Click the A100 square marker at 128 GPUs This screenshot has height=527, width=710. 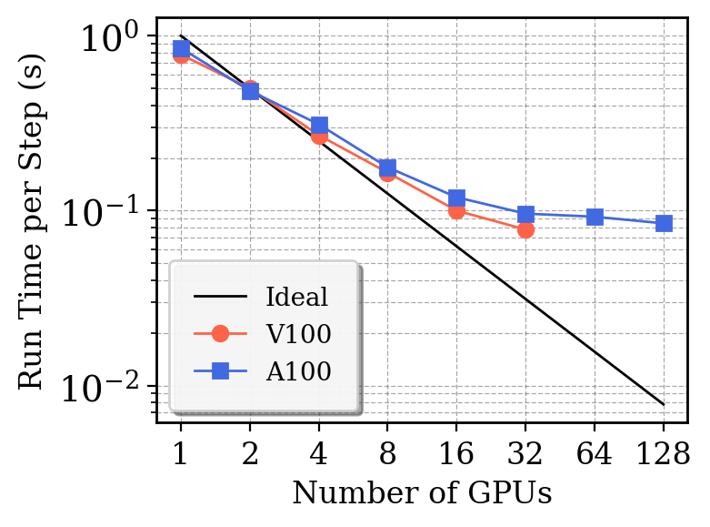coord(664,223)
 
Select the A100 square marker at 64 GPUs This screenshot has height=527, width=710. coord(595,217)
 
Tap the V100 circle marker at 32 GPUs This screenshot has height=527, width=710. coord(525,230)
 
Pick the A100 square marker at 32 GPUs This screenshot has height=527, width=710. coord(525,215)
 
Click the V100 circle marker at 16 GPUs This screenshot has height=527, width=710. coord(456,211)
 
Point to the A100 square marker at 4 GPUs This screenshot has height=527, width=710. coord(319,126)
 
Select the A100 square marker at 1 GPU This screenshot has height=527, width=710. coord(181,48)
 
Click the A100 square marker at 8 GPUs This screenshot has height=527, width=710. coord(387,168)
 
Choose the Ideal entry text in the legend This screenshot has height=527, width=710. coord(296,297)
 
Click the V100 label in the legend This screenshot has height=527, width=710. coord(298,334)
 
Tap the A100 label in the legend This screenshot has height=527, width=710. coord(298,370)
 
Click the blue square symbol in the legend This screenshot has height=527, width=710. coord(220,370)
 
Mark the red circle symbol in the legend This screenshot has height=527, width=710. coord(220,334)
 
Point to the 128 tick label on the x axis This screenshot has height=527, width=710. coord(664,452)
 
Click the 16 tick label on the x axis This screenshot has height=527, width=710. coord(456,452)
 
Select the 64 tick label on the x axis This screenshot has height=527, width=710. coord(595,452)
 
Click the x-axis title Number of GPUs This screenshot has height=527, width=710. coord(422,492)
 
